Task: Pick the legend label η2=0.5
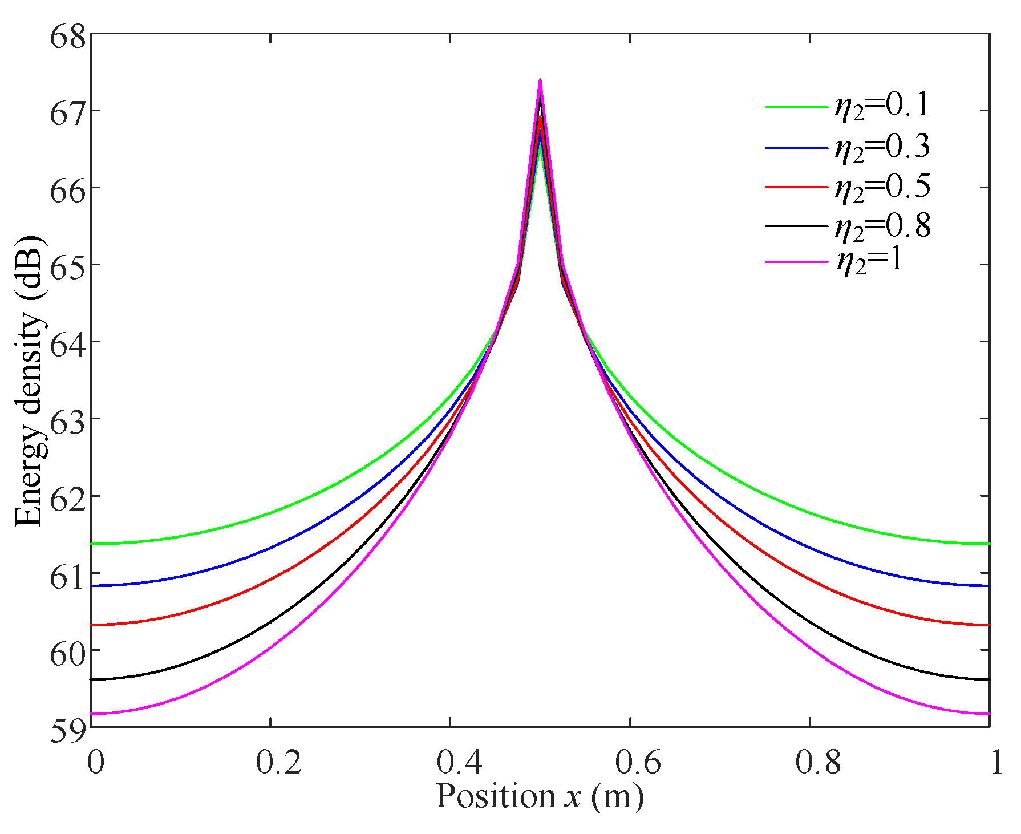(x=882, y=187)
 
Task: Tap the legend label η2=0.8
(x=882, y=226)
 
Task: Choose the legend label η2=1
(x=870, y=261)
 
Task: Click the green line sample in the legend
(x=796, y=107)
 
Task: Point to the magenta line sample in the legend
(x=796, y=261)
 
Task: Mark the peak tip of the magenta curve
(x=540, y=80)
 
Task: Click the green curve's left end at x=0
(x=92, y=544)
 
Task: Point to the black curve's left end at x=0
(x=92, y=679)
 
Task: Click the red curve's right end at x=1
(x=988, y=625)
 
